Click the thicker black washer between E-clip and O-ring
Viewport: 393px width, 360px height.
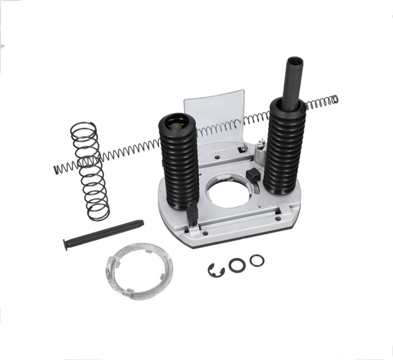pyautogui.click(x=237, y=265)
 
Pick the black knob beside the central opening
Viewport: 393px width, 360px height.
pyautogui.click(x=252, y=176)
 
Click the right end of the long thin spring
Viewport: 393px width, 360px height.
pyautogui.click(x=335, y=99)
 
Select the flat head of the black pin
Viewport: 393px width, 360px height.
pyautogui.click(x=66, y=245)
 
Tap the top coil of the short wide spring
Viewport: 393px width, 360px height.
pyautogui.click(x=84, y=128)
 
